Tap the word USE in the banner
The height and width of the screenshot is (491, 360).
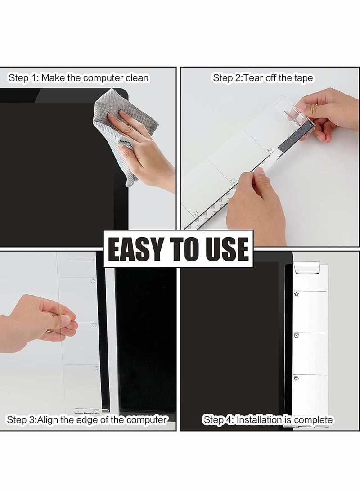[225, 248]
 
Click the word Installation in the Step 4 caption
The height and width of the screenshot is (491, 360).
[259, 420]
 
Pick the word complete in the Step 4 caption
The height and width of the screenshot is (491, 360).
[312, 420]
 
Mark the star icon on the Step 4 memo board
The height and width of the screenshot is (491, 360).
[297, 294]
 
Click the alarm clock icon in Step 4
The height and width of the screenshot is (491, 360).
[297, 335]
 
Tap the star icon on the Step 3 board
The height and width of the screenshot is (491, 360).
[93, 281]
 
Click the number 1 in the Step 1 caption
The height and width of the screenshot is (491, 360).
[34, 78]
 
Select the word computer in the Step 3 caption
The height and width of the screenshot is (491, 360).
[145, 420]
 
